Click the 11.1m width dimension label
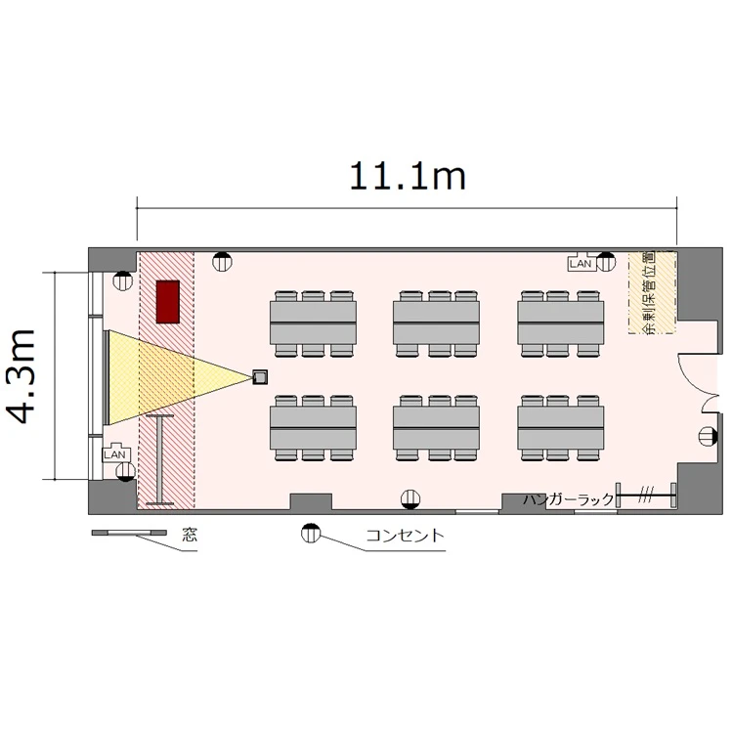408,176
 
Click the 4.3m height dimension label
22,376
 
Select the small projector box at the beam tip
260,377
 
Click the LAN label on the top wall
581,264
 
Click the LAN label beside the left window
115,453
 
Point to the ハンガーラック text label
568,499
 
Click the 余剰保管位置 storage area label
650,292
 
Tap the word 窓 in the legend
190,535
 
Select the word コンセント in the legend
405,535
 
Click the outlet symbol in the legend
310,533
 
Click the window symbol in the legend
129,533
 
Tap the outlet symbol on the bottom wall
410,498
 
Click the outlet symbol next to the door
708,437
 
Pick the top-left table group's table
313,323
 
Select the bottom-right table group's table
561,427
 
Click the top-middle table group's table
436,323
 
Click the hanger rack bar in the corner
646,496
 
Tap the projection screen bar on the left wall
107,377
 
